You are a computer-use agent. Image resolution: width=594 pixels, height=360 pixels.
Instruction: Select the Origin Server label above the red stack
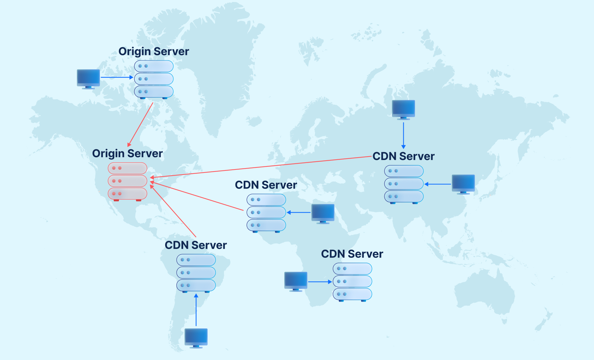click(x=127, y=154)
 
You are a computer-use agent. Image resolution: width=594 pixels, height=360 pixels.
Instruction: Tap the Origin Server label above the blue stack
click(x=154, y=51)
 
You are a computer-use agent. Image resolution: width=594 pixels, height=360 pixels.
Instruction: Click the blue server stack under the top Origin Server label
click(x=154, y=79)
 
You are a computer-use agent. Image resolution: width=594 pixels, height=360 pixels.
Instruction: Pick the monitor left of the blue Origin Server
click(x=88, y=78)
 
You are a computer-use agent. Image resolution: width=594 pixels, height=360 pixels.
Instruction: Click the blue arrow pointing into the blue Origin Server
click(x=117, y=77)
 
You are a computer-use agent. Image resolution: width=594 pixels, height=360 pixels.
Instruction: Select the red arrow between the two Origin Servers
click(x=141, y=124)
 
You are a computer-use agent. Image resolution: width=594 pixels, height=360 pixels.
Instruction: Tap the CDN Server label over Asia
click(x=403, y=156)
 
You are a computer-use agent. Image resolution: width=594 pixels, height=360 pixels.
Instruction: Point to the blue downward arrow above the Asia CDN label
click(x=403, y=135)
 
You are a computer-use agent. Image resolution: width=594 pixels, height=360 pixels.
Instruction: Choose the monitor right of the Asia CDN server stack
click(x=463, y=184)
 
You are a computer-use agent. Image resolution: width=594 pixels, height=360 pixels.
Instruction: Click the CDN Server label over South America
click(x=196, y=245)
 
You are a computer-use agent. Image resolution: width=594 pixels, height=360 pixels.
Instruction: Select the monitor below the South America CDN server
click(x=196, y=338)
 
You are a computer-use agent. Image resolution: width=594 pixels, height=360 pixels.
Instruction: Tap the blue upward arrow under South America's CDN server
click(x=196, y=310)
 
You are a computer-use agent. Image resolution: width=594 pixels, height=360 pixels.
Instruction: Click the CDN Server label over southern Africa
click(x=352, y=254)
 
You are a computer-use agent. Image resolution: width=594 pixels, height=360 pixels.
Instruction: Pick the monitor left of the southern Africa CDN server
click(x=296, y=281)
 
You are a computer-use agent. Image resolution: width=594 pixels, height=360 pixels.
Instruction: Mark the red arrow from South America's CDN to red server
click(x=173, y=211)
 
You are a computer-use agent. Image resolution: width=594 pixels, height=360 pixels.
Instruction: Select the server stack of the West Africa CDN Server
click(x=266, y=213)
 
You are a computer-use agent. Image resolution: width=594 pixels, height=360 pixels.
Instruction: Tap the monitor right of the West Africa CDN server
click(x=323, y=213)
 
